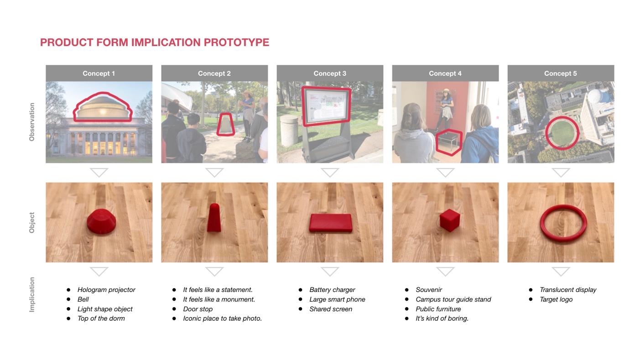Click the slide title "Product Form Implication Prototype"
point(155,42)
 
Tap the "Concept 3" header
point(330,73)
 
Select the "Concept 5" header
point(561,73)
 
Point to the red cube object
point(450,220)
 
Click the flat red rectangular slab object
point(331,223)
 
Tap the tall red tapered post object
point(214,218)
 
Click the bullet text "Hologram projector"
point(106,290)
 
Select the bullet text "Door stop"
point(198,309)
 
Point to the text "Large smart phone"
point(337,299)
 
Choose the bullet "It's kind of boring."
point(442,318)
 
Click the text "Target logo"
point(556,299)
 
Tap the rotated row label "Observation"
point(32,122)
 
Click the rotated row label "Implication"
point(32,295)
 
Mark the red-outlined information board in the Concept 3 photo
point(326,106)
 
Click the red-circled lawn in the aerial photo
point(562,133)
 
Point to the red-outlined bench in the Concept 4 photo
point(449,142)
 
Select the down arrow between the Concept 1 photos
point(99,172)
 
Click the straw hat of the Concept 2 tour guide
point(247,93)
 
